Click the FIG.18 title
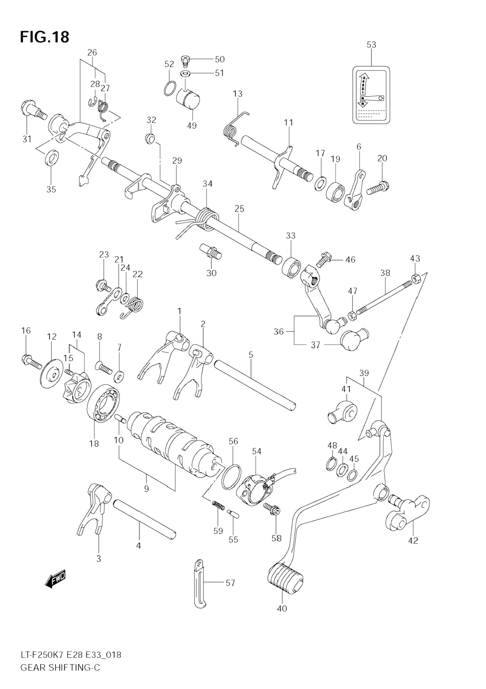click(x=44, y=37)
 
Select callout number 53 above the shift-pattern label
click(x=371, y=45)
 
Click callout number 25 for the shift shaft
click(x=239, y=209)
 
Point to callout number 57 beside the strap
click(x=230, y=583)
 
